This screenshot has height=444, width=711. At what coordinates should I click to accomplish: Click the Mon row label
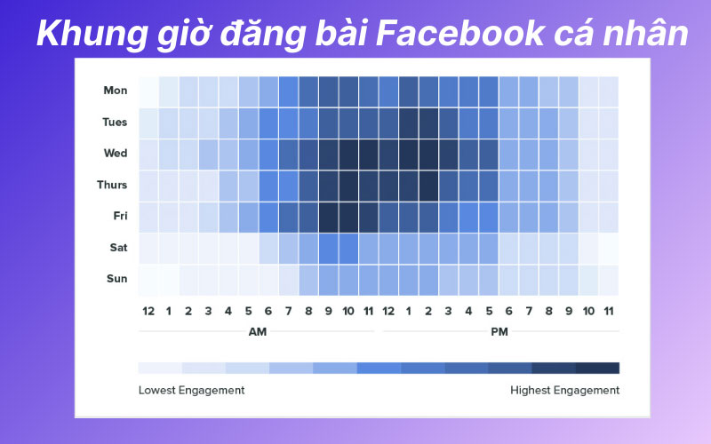tap(116, 91)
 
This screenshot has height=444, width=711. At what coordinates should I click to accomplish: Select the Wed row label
tap(116, 154)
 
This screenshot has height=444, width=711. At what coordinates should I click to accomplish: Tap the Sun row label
tap(116, 279)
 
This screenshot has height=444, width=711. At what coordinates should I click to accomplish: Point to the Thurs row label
tap(112, 185)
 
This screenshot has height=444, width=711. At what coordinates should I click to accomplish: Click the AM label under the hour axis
tap(257, 331)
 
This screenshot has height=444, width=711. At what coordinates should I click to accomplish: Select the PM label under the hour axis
tap(499, 331)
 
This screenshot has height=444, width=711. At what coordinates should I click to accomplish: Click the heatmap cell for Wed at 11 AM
tap(369, 154)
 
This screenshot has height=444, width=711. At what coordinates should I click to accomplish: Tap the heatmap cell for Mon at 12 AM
tap(148, 91)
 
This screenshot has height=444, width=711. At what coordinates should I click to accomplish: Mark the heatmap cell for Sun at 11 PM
tap(608, 279)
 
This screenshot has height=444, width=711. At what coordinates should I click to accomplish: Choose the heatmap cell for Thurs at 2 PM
tap(428, 185)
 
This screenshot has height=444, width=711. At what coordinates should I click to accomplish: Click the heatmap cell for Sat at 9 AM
tap(329, 248)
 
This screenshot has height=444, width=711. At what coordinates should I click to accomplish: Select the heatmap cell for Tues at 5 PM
tap(488, 122)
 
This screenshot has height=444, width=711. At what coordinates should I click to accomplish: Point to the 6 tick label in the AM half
tap(268, 311)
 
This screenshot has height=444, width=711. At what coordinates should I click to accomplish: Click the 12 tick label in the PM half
tap(388, 311)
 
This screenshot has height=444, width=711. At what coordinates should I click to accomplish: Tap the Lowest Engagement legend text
tap(191, 390)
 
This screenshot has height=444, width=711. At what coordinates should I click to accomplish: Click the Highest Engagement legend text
tap(564, 390)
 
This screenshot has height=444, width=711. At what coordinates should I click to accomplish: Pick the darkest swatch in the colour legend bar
tap(597, 368)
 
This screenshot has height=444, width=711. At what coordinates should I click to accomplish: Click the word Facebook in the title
tap(454, 34)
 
